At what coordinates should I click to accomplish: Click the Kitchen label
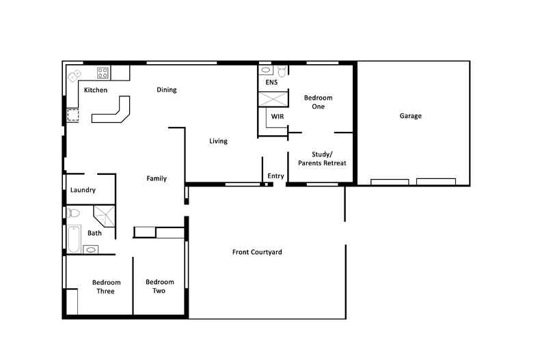[x=95, y=90]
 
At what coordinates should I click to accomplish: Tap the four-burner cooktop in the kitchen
[x=103, y=72]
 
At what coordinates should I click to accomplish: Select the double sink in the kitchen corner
[x=74, y=77]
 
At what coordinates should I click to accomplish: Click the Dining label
[x=166, y=89]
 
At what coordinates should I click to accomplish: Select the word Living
[x=218, y=141]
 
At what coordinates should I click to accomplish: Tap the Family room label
[x=157, y=179]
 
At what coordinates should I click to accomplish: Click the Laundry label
[x=83, y=191]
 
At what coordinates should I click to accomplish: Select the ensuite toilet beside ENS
[x=282, y=70]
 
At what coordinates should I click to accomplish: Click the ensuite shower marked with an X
[x=271, y=98]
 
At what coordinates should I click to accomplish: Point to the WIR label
[x=277, y=117]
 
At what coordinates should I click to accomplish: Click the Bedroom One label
[x=318, y=102]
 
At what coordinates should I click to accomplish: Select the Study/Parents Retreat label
[x=322, y=158]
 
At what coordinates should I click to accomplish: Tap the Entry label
[x=275, y=176]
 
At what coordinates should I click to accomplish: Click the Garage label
[x=410, y=116]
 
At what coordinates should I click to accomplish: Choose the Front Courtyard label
[x=257, y=252]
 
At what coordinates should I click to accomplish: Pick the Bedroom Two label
[x=159, y=286]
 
